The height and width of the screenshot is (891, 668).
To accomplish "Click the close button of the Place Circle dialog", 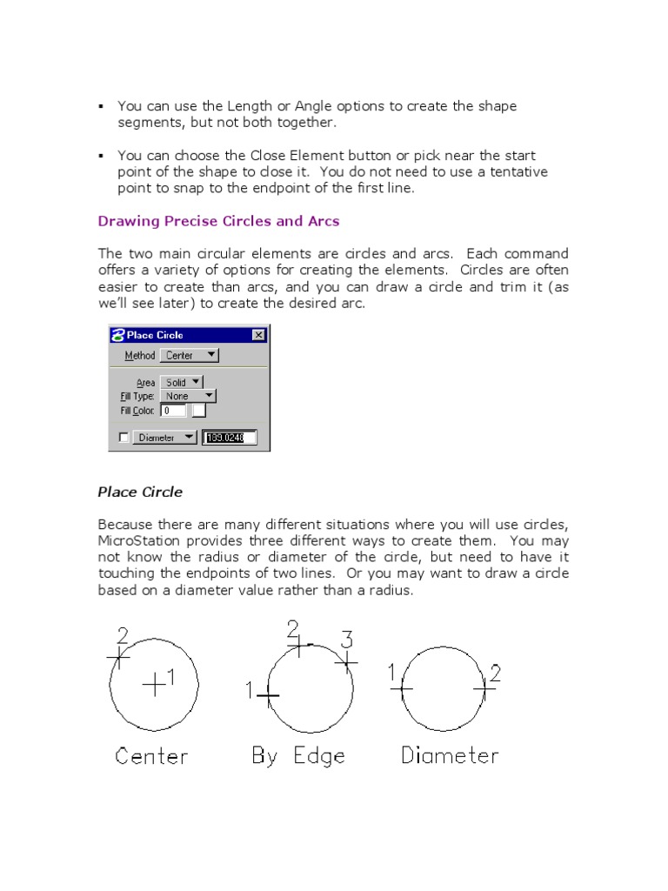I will [x=258, y=335].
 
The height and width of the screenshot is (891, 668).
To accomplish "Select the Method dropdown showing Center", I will [x=190, y=355].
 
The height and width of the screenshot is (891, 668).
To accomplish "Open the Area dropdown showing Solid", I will [x=182, y=382].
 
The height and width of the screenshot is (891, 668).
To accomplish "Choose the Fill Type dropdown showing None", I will [x=188, y=396].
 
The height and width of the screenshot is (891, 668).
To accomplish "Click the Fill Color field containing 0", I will [x=173, y=410].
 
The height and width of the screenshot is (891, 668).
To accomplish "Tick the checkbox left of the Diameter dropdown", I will [x=123, y=438].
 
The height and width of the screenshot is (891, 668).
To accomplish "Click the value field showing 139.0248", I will [x=230, y=438].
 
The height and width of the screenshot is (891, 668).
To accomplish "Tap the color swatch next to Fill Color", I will [x=199, y=410].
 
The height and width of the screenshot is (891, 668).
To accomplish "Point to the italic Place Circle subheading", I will [x=140, y=492].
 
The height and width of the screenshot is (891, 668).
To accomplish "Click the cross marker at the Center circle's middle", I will [x=154, y=685].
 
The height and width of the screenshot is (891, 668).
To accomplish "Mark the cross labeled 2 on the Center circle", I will [x=119, y=656].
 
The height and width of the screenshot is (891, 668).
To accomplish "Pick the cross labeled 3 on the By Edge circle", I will [x=346, y=663].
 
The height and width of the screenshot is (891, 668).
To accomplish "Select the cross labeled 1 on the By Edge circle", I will [x=268, y=695].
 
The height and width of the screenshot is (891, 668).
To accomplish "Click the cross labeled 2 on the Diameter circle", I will [x=484, y=688].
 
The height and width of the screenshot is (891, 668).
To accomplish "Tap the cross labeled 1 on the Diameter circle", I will [x=402, y=688].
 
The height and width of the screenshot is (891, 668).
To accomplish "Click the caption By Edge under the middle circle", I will [x=298, y=756].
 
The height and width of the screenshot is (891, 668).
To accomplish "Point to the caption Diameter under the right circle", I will [x=450, y=756].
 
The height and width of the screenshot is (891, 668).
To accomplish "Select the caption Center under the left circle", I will [x=151, y=756].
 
